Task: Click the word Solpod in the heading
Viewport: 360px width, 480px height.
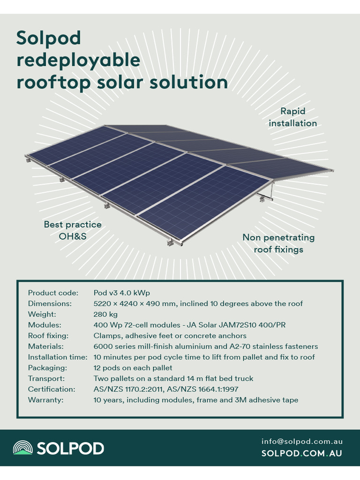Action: coord(49,38)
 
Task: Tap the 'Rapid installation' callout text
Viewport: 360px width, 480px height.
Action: coord(293,117)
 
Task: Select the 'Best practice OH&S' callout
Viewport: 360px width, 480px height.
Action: coord(73,230)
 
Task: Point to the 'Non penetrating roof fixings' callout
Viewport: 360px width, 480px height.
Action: coord(278,243)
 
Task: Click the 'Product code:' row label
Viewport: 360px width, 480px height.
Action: coord(53,293)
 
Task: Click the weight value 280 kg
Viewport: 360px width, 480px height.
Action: coord(105,314)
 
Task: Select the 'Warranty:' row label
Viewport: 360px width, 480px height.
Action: coord(45,400)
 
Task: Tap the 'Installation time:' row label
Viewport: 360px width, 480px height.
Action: coord(58,357)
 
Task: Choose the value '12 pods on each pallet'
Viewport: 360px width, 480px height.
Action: coord(133,368)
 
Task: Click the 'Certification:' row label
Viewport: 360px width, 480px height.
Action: coord(52,389)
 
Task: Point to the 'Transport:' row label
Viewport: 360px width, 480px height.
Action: coord(46,378)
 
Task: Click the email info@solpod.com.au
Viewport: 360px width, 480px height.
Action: coord(302,442)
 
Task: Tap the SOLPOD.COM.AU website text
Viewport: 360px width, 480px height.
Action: coord(301,453)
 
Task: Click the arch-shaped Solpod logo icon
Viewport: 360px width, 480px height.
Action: coord(22,448)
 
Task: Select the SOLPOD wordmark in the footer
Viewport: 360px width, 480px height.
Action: coord(70,448)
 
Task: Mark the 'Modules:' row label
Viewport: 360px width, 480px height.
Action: coord(45,325)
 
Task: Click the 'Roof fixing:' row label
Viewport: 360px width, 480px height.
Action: coord(48,336)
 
